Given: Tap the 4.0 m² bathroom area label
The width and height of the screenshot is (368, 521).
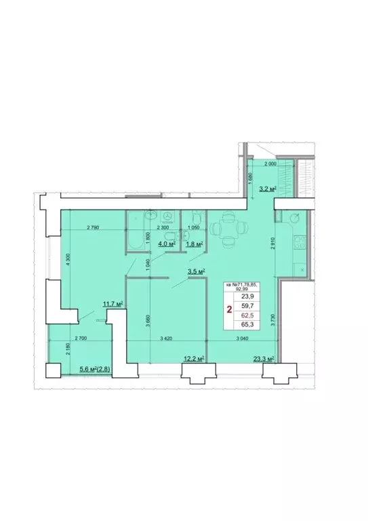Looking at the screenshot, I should tap(166, 244).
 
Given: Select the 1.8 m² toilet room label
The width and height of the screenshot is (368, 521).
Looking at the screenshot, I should tap(195, 244).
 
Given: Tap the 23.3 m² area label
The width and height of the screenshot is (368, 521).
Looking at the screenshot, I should tap(264, 358).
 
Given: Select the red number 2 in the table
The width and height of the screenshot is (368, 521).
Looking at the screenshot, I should tap(229, 311).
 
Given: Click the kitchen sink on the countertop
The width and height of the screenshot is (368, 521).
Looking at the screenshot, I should tap(295, 218).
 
